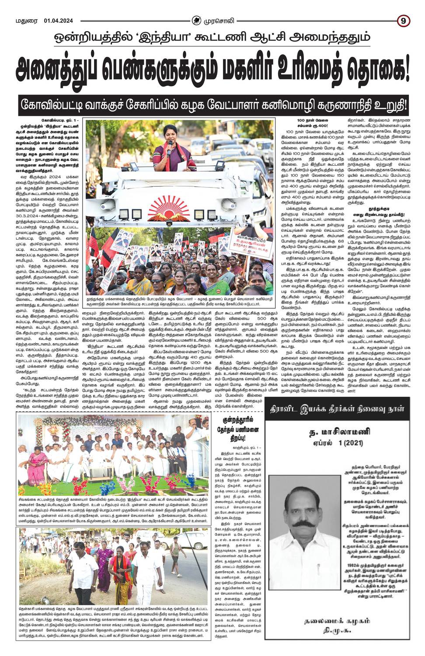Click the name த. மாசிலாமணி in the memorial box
[x=339, y=433]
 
